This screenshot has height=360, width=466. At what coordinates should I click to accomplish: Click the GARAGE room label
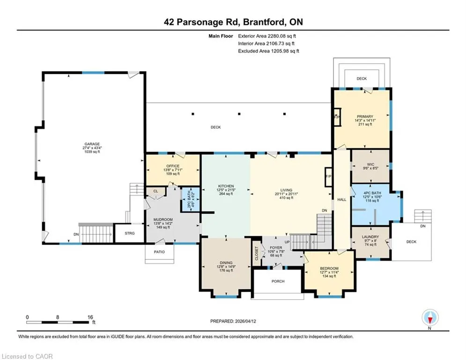[92, 144]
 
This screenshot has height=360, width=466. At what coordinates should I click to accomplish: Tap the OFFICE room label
[173, 166]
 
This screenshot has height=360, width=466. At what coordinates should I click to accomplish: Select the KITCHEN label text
[226, 186]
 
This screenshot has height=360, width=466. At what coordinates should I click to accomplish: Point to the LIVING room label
[286, 190]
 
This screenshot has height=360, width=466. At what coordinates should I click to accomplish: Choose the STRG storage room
[130, 233]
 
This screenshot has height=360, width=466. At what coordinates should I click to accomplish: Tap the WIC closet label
[370, 165]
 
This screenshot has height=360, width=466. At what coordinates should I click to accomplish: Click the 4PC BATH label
[372, 193]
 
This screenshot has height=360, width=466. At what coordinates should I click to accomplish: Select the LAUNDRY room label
[370, 237]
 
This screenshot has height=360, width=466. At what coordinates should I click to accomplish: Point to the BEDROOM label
[329, 269]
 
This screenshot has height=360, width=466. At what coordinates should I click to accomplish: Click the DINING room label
[226, 262]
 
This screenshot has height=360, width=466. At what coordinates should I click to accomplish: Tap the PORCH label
[278, 281]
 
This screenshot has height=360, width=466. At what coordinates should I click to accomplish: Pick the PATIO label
[159, 252]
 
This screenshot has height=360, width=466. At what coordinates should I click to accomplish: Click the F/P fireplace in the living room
[328, 177]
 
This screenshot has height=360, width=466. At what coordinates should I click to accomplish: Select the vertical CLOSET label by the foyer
[257, 253]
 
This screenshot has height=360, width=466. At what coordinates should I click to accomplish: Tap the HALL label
[342, 200]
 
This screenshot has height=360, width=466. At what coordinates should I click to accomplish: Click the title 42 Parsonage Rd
[202, 22]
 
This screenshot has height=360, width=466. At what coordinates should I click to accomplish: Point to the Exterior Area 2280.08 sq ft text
[267, 36]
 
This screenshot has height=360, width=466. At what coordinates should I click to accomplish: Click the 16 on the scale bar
[90, 317]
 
